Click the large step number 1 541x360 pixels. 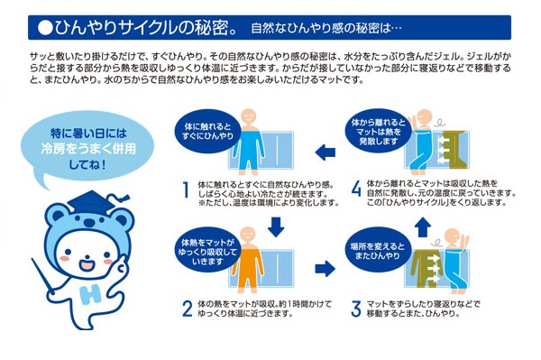pyautogui.click(x=186, y=190)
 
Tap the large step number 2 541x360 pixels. pyautogui.click(x=187, y=309)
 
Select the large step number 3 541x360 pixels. pyautogui.click(x=356, y=309)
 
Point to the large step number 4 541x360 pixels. pyautogui.click(x=356, y=189)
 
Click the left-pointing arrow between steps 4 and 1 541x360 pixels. pyautogui.click(x=326, y=152)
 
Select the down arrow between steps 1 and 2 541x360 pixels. pyautogui.click(x=276, y=226)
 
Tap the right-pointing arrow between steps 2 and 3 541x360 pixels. pyautogui.click(x=325, y=269)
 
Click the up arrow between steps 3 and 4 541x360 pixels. pyautogui.click(x=423, y=227)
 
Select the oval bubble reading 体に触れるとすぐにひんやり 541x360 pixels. pyautogui.click(x=208, y=131)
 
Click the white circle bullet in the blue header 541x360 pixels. pyautogui.click(x=45, y=28)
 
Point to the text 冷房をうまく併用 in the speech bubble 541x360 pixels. pyautogui.click(x=88, y=149)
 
